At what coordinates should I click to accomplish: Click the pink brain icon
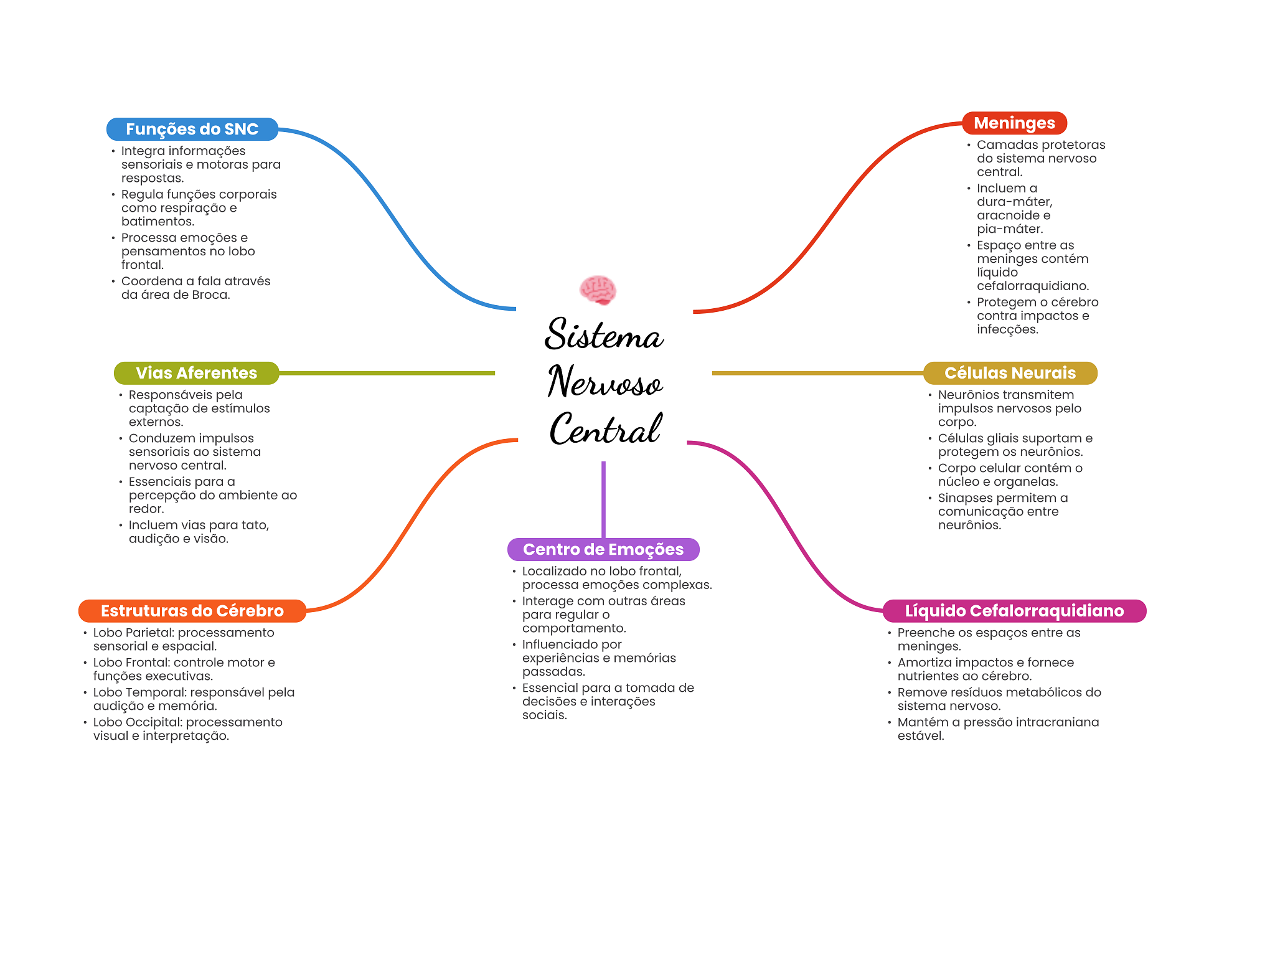coord(598,290)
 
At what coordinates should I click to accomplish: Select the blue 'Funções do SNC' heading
coord(192,129)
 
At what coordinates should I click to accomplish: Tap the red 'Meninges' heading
coord(1014,123)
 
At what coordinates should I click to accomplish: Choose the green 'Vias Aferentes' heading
coord(196,373)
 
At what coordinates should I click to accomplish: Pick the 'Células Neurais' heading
coord(1010,373)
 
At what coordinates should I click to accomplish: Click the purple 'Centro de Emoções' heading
coord(603,549)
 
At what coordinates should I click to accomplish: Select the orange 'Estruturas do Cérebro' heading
coord(192,611)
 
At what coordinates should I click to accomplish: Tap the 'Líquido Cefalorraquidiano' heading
coord(1014,611)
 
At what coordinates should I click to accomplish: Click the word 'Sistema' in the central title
coord(604,334)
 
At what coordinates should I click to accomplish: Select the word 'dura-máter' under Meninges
coord(1014,202)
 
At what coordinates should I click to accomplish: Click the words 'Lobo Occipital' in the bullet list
coord(138,722)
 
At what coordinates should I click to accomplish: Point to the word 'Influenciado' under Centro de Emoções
coord(572,644)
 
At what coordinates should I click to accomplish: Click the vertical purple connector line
coord(603,498)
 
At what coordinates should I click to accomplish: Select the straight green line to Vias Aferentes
coord(386,373)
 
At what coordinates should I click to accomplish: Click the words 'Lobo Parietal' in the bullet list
coord(131,633)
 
